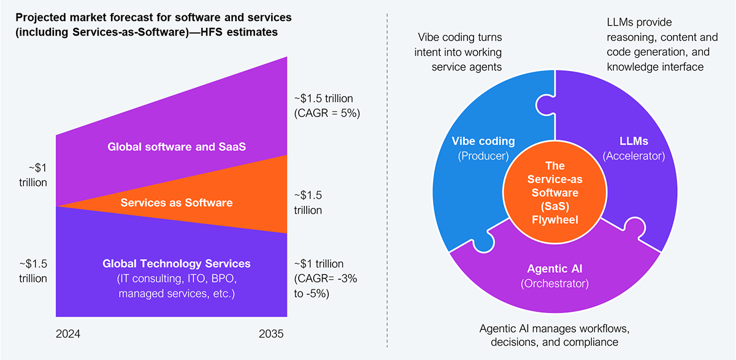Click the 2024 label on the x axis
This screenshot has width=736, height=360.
[x=68, y=334]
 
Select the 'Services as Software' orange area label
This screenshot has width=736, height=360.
[x=177, y=202]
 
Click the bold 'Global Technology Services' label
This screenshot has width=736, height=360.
[x=177, y=264]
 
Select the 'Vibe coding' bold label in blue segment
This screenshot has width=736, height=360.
[x=483, y=141]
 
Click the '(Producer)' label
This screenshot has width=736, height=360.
[x=483, y=156]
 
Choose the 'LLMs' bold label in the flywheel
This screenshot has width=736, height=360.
[x=633, y=141]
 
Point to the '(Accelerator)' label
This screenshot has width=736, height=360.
[x=633, y=156]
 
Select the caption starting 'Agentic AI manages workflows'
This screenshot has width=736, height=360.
[x=554, y=334]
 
